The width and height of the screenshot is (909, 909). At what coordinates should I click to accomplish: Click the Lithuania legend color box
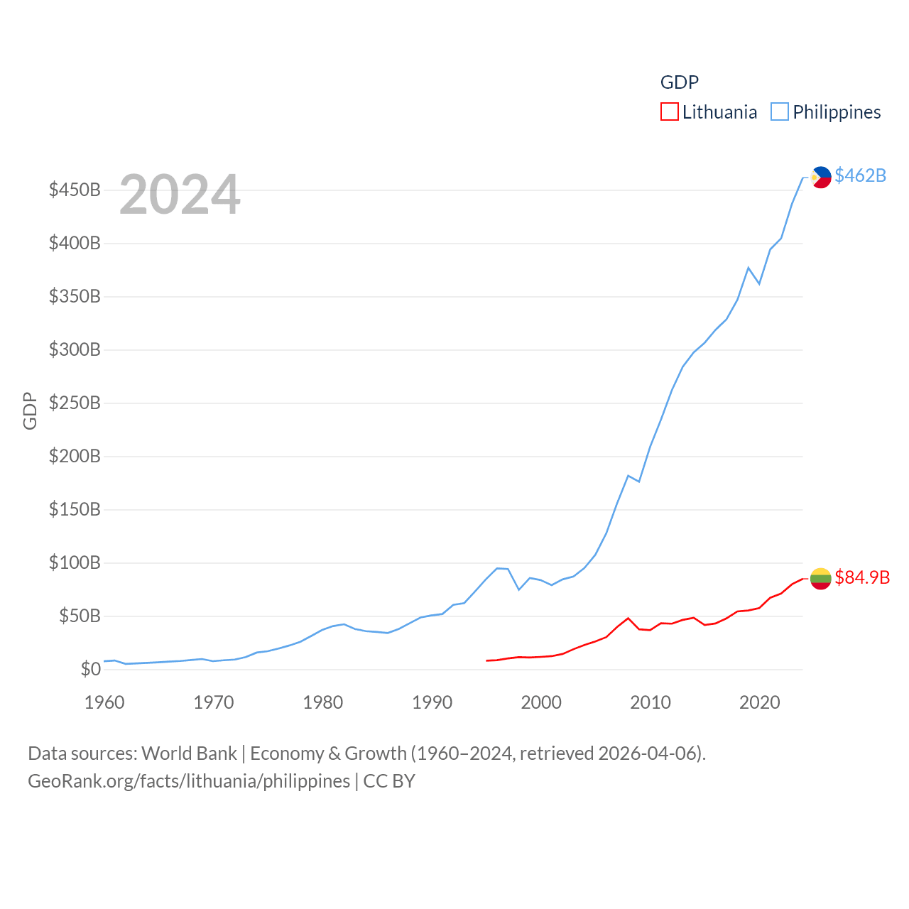pyautogui.click(x=669, y=112)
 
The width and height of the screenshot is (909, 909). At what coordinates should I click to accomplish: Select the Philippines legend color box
pyautogui.click(x=779, y=112)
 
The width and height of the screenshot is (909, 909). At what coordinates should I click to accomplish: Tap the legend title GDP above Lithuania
pyautogui.click(x=680, y=82)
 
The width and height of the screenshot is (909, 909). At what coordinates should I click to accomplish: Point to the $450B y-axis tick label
pyautogui.click(x=75, y=190)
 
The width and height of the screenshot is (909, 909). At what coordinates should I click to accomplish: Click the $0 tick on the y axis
pyautogui.click(x=90, y=669)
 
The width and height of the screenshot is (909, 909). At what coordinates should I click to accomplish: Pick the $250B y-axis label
pyautogui.click(x=75, y=403)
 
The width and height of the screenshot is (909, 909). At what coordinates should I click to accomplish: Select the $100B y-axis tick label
pyautogui.click(x=75, y=562)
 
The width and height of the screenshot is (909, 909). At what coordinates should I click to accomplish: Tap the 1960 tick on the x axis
pyautogui.click(x=104, y=702)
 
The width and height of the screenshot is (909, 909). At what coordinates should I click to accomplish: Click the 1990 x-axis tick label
pyautogui.click(x=432, y=702)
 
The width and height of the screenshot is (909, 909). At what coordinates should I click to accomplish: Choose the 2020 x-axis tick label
pyautogui.click(x=759, y=702)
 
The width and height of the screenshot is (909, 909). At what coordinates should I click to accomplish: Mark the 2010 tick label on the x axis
pyautogui.click(x=650, y=702)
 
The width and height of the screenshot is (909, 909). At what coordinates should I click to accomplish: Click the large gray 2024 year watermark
pyautogui.click(x=180, y=195)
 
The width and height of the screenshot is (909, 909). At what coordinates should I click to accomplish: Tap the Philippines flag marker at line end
pyautogui.click(x=821, y=177)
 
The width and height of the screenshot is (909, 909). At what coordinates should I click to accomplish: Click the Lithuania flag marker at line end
pyautogui.click(x=820, y=579)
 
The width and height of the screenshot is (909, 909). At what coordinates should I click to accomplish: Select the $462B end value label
pyautogui.click(x=860, y=175)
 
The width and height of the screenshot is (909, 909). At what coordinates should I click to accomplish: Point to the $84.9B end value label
pyautogui.click(x=862, y=577)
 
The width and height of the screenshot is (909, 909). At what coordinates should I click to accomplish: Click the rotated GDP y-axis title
pyautogui.click(x=30, y=410)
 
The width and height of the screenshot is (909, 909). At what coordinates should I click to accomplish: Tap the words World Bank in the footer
pyautogui.click(x=189, y=753)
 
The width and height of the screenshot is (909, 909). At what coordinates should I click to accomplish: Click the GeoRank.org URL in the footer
pyautogui.click(x=189, y=781)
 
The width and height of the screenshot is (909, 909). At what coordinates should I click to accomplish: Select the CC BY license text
pyautogui.click(x=389, y=781)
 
